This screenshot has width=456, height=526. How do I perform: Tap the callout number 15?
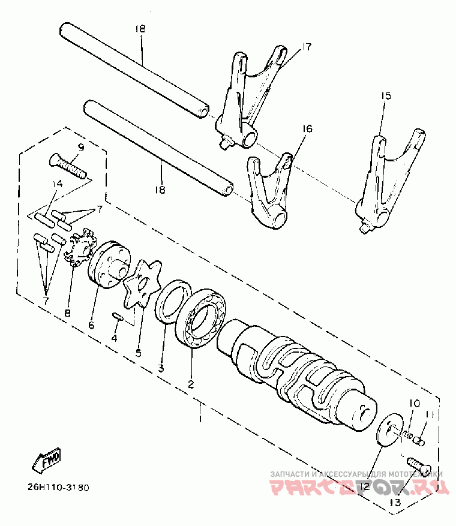(x=386, y=95)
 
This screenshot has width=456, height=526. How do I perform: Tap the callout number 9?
(x=81, y=147)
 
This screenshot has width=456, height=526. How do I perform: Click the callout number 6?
(x=91, y=324)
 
